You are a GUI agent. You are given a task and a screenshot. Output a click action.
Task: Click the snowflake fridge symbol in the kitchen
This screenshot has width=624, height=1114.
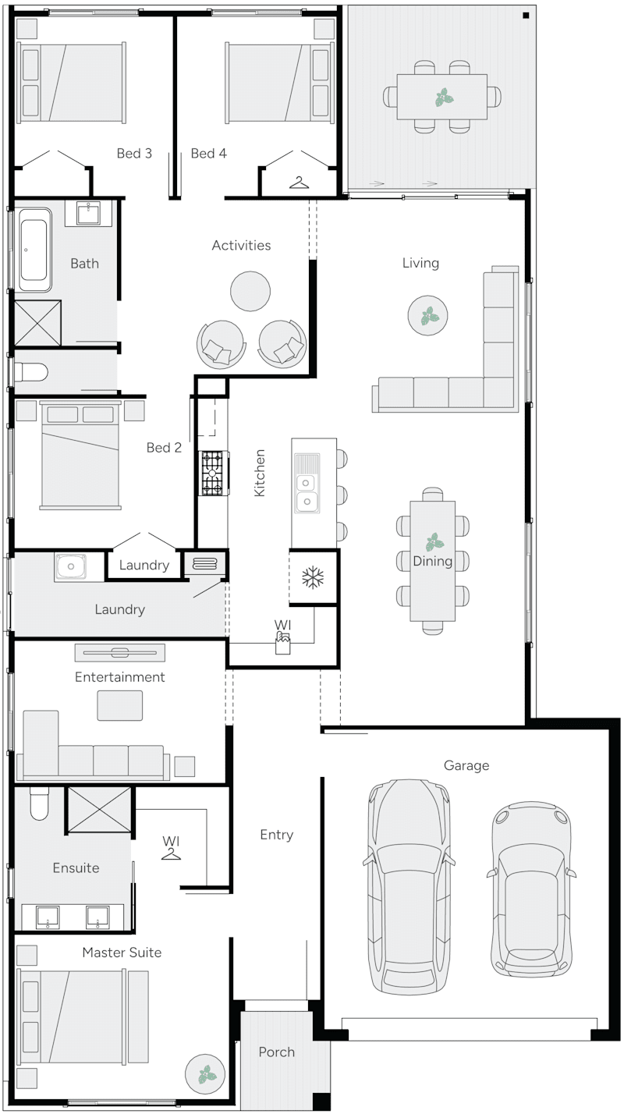313,577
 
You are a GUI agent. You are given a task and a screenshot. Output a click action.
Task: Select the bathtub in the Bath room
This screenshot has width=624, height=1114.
35,250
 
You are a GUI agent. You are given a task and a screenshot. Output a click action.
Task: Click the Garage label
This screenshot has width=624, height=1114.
466,766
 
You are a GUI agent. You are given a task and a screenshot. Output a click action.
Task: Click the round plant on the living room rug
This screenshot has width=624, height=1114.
427,316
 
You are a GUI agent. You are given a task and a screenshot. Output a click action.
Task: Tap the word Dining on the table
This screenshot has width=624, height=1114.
432,561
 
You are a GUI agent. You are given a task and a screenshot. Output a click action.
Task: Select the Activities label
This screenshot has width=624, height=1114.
241,245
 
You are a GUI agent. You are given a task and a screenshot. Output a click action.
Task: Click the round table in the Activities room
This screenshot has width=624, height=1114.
250,290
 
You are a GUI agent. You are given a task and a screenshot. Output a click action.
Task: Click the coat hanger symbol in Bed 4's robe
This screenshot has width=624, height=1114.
299,183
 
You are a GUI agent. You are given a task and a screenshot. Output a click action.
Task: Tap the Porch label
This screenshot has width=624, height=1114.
276,1052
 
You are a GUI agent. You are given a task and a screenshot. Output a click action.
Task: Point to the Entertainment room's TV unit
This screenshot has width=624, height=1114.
119,653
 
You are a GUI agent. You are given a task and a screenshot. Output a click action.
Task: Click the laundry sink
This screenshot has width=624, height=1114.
70,566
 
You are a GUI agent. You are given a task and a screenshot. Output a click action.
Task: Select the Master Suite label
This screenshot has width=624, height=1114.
122,953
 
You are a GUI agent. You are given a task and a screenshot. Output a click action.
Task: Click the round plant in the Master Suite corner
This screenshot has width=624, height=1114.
205,1075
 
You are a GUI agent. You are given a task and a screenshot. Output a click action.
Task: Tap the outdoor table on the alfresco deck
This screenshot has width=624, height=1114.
441,97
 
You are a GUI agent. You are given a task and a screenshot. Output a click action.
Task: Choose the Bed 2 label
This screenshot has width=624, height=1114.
164,448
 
